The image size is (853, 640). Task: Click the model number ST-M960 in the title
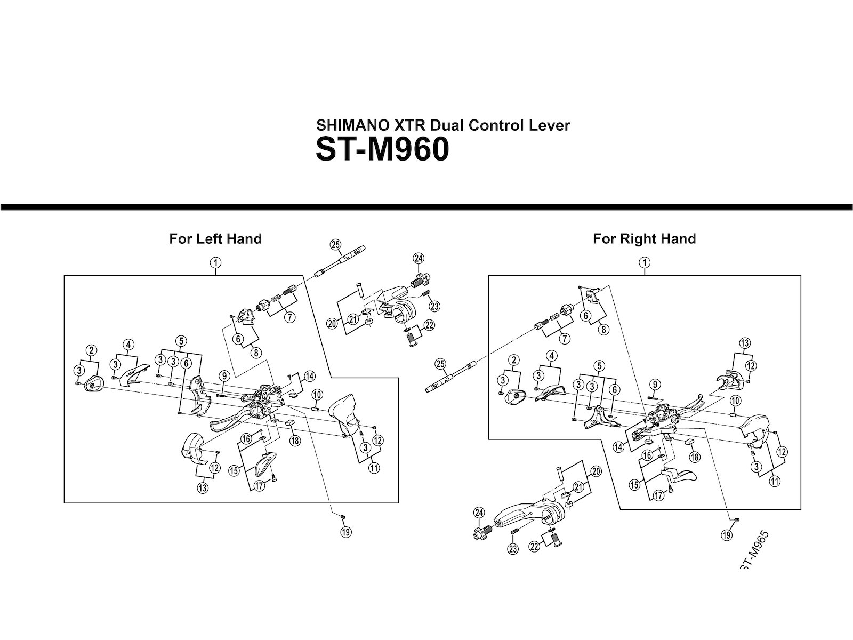[x=382, y=150]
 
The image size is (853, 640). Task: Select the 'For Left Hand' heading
[x=215, y=238]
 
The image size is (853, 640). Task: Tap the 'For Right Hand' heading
[x=644, y=238]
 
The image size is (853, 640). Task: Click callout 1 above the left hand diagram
[x=215, y=262]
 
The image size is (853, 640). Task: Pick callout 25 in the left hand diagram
[x=335, y=245]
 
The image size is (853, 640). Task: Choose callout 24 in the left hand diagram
[x=418, y=259]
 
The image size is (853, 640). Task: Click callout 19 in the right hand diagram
[x=726, y=535]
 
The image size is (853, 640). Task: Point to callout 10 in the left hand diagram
[x=317, y=395]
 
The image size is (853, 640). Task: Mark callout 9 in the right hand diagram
[x=655, y=383]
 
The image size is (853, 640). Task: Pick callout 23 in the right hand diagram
[x=513, y=549]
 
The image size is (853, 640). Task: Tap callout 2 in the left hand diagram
[x=92, y=350]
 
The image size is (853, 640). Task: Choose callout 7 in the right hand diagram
[x=564, y=339]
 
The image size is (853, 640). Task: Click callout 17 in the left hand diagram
[x=259, y=486]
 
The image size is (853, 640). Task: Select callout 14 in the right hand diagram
[x=618, y=447]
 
